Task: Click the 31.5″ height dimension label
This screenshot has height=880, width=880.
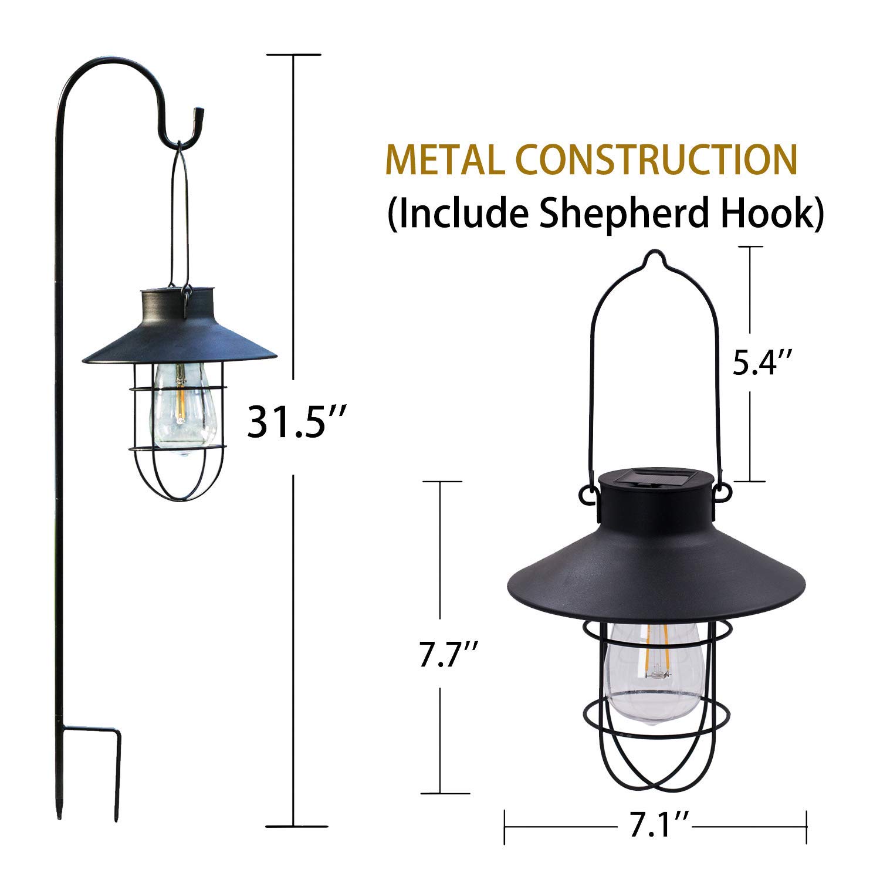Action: click(x=293, y=421)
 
